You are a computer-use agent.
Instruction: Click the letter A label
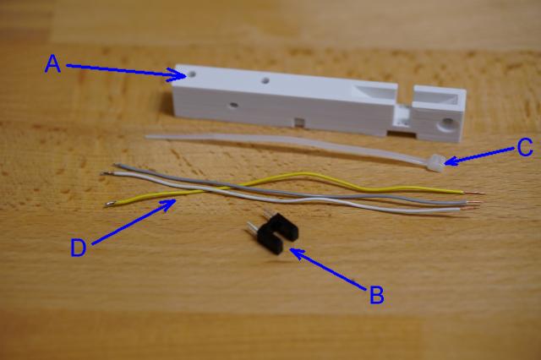click(53, 64)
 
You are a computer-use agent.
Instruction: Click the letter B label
click(377, 295)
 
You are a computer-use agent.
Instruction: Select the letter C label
click(524, 149)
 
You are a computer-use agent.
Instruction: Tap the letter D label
click(78, 248)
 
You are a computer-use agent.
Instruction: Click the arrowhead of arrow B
click(292, 249)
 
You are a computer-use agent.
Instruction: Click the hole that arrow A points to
click(194, 74)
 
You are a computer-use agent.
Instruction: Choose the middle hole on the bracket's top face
click(265, 82)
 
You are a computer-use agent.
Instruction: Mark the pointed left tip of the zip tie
click(146, 134)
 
